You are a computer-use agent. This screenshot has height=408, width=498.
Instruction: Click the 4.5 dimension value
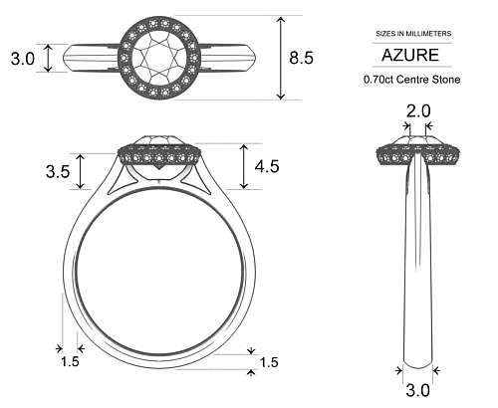[266, 166]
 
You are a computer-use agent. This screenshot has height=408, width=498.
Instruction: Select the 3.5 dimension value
[58, 171]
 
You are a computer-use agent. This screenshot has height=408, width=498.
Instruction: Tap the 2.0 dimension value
[418, 110]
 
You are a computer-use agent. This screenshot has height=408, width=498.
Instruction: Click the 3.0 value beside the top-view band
[22, 59]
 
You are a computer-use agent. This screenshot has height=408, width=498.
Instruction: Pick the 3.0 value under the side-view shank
[417, 390]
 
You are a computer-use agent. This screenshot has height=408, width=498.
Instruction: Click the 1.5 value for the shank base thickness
[268, 362]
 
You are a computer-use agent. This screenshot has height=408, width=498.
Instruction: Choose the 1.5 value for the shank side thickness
[70, 362]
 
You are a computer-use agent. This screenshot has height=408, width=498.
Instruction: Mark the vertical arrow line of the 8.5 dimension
[282, 58]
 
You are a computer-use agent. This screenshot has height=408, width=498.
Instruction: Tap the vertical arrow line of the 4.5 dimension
[244, 166]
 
